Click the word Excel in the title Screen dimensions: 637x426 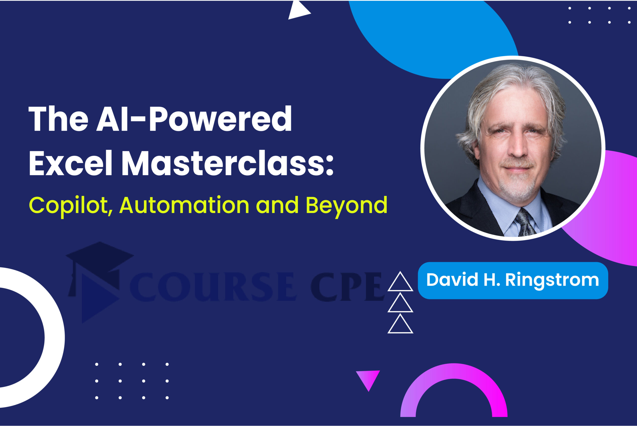click(x=70, y=163)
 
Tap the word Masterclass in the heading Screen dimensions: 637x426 click(x=228, y=163)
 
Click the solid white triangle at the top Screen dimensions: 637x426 click(x=298, y=10)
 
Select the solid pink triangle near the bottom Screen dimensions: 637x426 click(x=368, y=379)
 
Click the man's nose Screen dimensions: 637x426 click(x=518, y=147)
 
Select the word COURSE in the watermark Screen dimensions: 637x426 click(x=213, y=287)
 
